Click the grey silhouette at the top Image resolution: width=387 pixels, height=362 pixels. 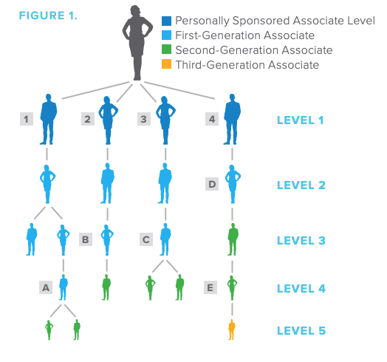point(137,42)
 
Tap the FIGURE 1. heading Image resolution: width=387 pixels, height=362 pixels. point(48,16)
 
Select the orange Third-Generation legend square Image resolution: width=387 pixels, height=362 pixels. point(166,64)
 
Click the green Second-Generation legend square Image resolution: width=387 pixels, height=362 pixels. point(166,49)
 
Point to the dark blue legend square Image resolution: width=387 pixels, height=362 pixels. point(166,21)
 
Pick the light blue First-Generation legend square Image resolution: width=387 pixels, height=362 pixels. point(166,35)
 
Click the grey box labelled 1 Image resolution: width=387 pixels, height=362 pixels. point(27,119)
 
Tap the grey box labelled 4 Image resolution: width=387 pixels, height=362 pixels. point(212,119)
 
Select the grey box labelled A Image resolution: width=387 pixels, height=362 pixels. point(46,287)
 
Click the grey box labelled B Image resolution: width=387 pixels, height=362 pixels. point(86,239)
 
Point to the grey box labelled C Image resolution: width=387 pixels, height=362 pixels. point(146,239)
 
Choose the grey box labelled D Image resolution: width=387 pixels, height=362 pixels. point(212,184)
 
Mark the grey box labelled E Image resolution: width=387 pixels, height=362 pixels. point(210,287)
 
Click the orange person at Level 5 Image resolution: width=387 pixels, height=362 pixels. point(231,329)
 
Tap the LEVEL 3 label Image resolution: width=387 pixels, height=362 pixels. point(301,241)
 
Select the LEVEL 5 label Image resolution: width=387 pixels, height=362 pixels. point(301,331)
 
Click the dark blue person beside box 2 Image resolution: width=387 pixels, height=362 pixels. point(108,120)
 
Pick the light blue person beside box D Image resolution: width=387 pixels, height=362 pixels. point(233,184)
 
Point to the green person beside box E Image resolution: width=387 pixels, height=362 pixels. point(232,288)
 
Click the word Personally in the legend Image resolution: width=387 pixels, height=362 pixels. point(202,21)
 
